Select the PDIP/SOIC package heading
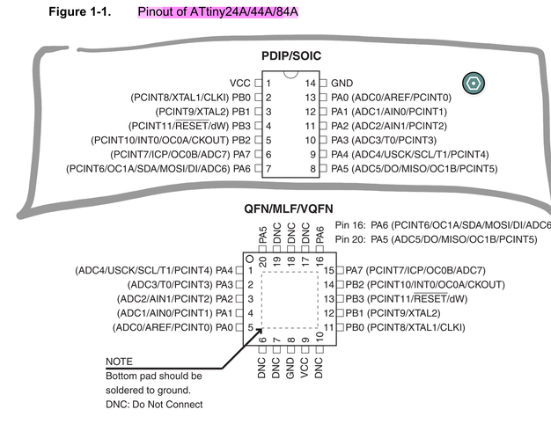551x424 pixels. (x=291, y=56)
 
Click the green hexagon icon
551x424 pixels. (x=472, y=84)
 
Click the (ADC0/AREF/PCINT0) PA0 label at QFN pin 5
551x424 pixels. (x=173, y=327)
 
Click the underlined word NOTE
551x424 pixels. (x=119, y=362)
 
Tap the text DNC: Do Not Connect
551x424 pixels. (x=154, y=405)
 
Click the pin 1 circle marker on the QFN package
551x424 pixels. (x=250, y=260)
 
